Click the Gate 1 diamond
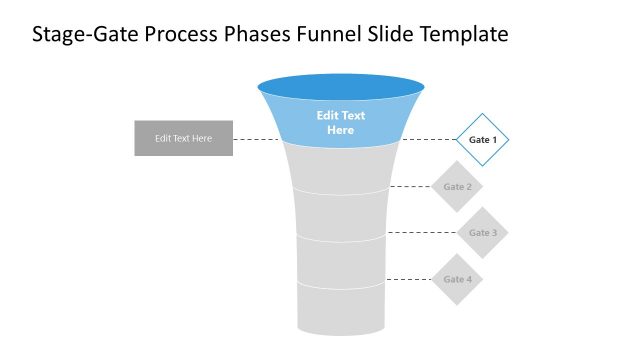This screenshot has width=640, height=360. click(x=482, y=139)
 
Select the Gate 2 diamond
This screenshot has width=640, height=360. click(x=456, y=186)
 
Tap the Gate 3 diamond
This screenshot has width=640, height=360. click(x=482, y=233)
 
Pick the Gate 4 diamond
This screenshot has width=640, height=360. click(x=456, y=279)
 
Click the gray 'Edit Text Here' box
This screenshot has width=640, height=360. click(x=183, y=138)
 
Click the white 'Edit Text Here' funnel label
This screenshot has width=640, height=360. click(x=341, y=123)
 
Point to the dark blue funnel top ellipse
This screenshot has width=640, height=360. click(x=341, y=87)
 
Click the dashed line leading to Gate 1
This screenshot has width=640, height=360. click(x=430, y=139)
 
